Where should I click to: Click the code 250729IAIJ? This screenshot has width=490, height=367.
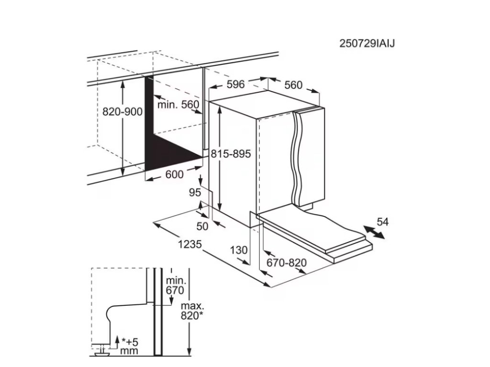point(367,43)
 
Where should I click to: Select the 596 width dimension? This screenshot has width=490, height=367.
point(235,85)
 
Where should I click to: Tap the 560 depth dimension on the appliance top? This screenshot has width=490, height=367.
point(293,85)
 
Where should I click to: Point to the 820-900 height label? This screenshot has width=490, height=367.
point(122,112)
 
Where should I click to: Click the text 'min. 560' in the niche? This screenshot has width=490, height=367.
point(178,105)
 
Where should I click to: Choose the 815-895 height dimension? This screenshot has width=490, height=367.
point(232,154)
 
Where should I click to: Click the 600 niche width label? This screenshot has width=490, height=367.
point(174,175)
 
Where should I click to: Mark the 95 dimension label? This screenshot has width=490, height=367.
point(194,193)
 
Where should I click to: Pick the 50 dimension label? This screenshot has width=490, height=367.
point(202,226)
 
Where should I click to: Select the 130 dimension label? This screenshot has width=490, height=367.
point(238,249)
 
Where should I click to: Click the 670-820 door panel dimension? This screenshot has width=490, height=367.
point(287,262)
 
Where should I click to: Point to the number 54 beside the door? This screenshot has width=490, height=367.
point(383,222)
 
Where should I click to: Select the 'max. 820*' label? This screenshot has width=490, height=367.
point(192,311)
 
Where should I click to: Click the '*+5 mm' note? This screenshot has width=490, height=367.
point(129,346)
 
